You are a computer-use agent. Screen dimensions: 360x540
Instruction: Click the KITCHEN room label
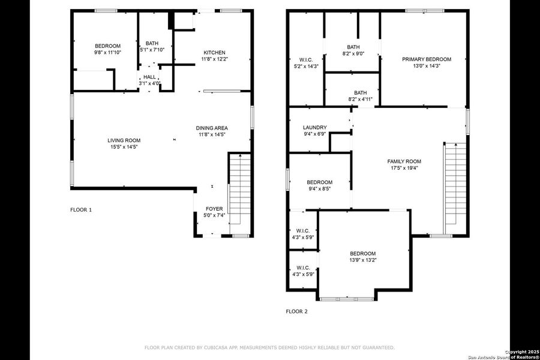pyautogui.click(x=214, y=53)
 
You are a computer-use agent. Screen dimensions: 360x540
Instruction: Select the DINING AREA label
pyautogui.click(x=212, y=128)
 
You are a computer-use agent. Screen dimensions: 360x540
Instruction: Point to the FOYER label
pyautogui.click(x=214, y=209)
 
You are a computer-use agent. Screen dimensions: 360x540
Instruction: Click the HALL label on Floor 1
pyautogui.click(x=148, y=77)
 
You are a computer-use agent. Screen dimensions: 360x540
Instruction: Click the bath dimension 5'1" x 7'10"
pyautogui.click(x=152, y=50)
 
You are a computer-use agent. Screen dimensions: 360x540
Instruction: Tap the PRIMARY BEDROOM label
pyautogui.click(x=426, y=59)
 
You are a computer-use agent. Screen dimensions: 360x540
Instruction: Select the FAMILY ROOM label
pyautogui.click(x=404, y=161)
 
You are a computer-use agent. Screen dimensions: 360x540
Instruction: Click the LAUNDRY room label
pyautogui.click(x=314, y=127)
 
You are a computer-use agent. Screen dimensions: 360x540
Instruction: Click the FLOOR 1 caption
pyautogui.click(x=81, y=210)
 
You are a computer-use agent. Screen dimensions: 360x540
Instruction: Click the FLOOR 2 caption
pyautogui.click(x=296, y=311)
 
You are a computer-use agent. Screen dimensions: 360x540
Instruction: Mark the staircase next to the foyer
pyautogui.click(x=238, y=192)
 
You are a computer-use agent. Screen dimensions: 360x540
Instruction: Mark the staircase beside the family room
pyautogui.click(x=455, y=187)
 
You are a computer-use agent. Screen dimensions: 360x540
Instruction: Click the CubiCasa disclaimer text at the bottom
pyautogui.click(x=269, y=347)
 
